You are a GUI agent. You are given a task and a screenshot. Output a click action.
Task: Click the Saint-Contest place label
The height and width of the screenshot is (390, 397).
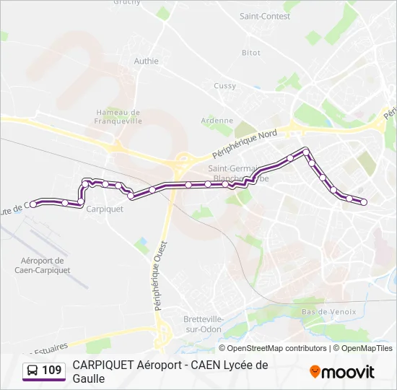(x=264, y=16)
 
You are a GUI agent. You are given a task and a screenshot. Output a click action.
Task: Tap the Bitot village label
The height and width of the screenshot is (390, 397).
(x=251, y=53)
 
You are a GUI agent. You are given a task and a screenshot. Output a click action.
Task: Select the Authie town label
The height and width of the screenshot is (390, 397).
(x=146, y=61)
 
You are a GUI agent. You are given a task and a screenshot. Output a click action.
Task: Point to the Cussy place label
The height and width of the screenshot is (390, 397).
(x=224, y=86)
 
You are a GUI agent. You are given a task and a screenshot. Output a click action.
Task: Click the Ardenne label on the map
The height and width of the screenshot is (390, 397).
(x=217, y=121)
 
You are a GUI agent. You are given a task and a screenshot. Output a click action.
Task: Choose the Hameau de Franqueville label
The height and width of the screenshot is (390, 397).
(x=118, y=117)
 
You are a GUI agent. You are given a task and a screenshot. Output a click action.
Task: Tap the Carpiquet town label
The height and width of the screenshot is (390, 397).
(x=105, y=209)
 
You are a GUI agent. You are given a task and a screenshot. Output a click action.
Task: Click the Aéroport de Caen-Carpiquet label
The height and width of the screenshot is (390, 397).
(x=43, y=265)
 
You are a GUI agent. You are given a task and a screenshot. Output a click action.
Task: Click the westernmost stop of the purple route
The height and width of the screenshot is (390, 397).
(x=33, y=204)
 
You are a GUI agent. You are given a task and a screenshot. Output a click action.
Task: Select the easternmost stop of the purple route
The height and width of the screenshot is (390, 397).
(x=364, y=202)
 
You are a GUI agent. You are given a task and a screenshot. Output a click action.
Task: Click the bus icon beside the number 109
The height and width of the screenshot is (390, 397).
(x=32, y=371)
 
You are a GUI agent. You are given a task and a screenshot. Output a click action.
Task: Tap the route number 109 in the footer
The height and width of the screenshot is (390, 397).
(x=52, y=371)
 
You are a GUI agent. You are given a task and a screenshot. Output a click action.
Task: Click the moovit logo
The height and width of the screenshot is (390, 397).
(x=342, y=372)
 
